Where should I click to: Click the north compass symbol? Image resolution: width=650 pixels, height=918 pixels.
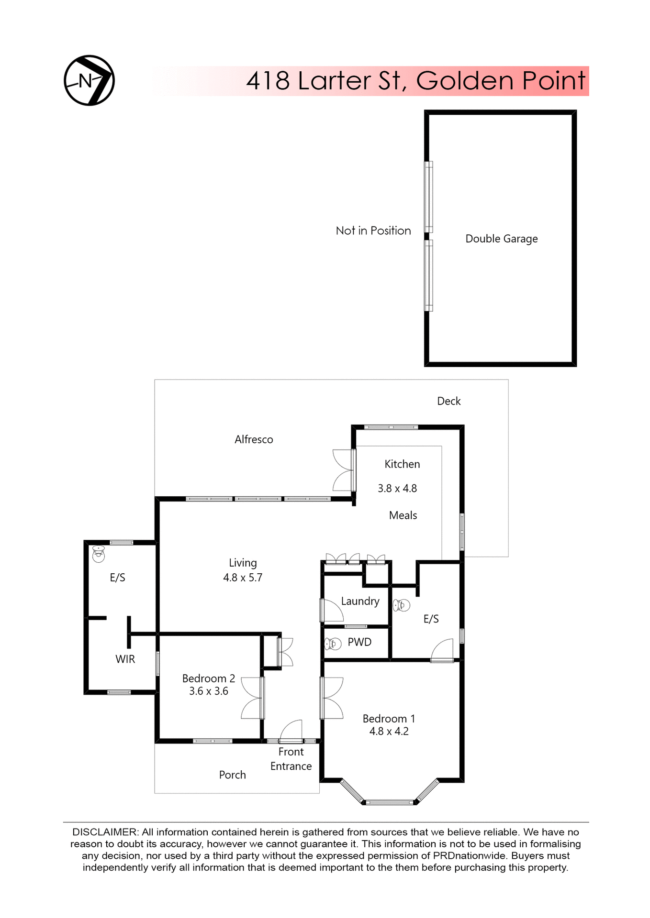point(89,80)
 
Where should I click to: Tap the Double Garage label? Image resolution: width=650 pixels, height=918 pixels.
point(501,239)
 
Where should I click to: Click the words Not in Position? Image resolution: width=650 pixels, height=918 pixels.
point(373,231)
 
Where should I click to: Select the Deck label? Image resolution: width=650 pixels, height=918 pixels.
point(448,401)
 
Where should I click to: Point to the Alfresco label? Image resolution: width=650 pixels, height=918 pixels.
point(254,439)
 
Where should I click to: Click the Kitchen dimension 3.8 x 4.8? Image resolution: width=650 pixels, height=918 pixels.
point(397,489)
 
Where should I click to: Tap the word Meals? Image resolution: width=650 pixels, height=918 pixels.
point(403,515)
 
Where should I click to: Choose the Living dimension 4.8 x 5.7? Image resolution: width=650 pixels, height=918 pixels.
point(243,578)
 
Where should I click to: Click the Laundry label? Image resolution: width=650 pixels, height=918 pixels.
point(360,601)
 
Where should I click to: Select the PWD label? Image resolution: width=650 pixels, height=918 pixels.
point(359,642)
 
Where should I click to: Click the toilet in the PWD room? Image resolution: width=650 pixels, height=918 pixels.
point(333,644)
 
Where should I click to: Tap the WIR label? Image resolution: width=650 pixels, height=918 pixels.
point(125,659)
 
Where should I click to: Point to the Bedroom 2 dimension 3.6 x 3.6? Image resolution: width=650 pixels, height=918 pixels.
point(209,691)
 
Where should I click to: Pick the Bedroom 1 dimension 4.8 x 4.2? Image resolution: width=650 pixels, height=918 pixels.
point(389,731)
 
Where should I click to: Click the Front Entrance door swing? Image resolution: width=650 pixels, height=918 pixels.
point(292,731)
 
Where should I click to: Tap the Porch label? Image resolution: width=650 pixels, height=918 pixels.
point(232,775)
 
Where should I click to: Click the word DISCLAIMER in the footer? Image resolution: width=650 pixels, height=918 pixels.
point(105,832)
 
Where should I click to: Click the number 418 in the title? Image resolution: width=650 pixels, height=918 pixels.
point(268,80)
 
